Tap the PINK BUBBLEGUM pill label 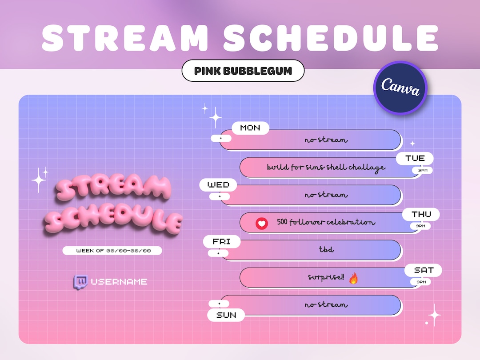click(243, 71)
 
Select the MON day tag click(250, 128)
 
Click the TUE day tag click(415, 158)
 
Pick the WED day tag click(218, 185)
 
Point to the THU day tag click(421, 214)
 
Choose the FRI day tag click(221, 242)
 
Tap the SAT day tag click(424, 270)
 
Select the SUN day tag click(226, 315)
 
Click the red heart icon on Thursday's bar click(262, 223)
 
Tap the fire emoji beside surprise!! click(353, 278)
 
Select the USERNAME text click(119, 282)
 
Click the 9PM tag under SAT click(420, 282)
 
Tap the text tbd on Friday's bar click(326, 250)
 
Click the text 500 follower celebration click(326, 222)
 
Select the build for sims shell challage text click(326, 168)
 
